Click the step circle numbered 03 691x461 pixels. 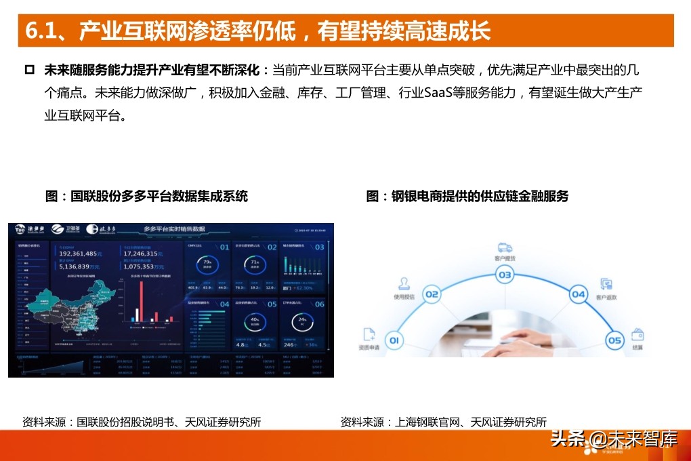(x=505, y=275)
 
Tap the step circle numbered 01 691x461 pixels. (x=394, y=340)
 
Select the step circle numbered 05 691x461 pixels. (x=614, y=340)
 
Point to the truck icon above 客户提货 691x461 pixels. (x=505, y=247)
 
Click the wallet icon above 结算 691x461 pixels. (x=637, y=334)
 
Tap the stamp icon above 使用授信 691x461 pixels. (x=403, y=283)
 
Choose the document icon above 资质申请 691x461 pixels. (x=369, y=334)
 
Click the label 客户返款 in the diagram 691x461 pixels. (x=606, y=298)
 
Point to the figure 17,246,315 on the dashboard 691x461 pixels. (x=150, y=253)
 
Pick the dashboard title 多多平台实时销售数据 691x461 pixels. (x=174, y=229)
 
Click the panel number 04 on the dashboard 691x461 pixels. (x=225, y=304)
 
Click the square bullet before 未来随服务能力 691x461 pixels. (x=29, y=70)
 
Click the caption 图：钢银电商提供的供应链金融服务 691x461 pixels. (x=467, y=197)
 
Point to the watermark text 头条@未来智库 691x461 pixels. (x=614, y=439)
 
